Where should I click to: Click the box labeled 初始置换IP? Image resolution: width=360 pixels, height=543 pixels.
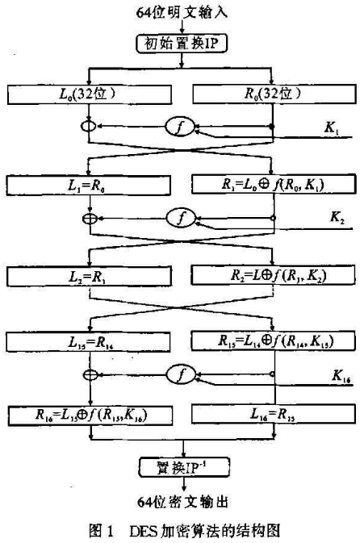coord(182,44)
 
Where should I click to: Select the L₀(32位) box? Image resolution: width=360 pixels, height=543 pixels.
coord(90,94)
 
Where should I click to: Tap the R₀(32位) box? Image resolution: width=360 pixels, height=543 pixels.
coord(274,94)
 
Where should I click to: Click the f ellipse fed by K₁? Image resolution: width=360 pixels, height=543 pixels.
coord(180,127)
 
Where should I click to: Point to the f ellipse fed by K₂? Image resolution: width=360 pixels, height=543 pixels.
coord(181,218)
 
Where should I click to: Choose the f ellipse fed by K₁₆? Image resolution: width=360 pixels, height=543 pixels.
coord(181,374)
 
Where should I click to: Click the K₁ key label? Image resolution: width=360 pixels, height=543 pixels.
coord(332,128)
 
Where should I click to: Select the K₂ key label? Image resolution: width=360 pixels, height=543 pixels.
coord(337,218)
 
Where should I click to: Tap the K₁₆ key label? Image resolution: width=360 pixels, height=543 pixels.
coord(341,376)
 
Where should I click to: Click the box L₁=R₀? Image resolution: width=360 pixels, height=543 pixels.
coord(88,186)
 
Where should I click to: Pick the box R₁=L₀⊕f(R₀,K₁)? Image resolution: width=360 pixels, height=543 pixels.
coord(274,184)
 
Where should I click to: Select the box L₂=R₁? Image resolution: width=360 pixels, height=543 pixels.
coord(89,277)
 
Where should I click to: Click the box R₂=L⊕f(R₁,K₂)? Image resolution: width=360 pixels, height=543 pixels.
coord(273,275)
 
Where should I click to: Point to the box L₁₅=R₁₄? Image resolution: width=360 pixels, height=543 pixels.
coord(88,342)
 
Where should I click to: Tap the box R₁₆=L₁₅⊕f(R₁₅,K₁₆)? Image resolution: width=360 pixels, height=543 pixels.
coord(90,416)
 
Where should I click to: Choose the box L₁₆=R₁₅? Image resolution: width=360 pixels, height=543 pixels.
coord(274,415)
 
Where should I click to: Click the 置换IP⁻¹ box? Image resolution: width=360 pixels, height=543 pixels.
coord(184,467)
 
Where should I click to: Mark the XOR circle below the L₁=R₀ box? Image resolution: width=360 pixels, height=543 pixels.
coord(90,219)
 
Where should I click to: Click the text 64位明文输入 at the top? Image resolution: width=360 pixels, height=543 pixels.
coord(182,13)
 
